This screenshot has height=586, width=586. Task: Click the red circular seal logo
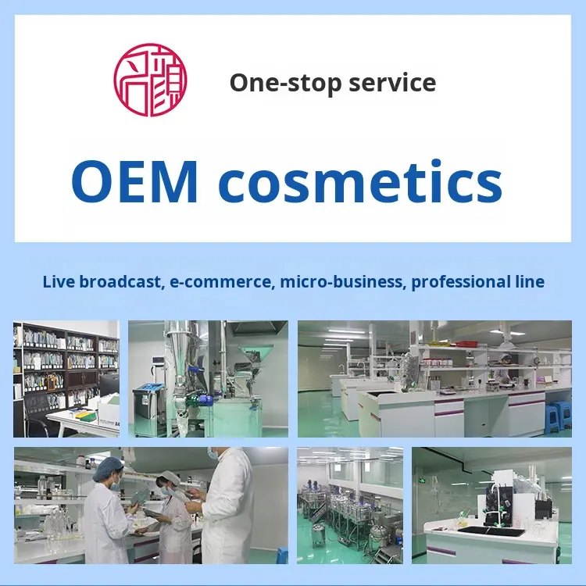(150, 80)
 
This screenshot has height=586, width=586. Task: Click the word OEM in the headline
(134, 182)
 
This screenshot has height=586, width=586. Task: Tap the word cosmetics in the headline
(360, 182)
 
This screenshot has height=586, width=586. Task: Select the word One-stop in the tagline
(285, 83)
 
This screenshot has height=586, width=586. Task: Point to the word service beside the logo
(392, 83)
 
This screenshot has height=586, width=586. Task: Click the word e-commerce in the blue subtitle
(220, 282)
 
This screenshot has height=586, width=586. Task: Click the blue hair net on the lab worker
(108, 469)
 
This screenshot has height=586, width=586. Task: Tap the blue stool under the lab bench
(558, 416)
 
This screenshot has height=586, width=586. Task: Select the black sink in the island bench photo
(491, 531)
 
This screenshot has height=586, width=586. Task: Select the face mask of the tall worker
(213, 452)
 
